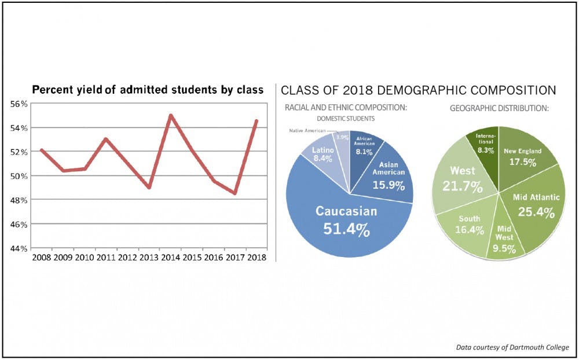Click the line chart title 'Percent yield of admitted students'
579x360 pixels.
[x=148, y=90]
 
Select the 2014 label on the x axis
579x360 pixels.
[x=170, y=258]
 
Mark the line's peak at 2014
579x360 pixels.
[x=170, y=115]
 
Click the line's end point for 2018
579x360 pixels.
[x=256, y=121]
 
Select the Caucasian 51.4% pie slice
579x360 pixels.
[x=346, y=220]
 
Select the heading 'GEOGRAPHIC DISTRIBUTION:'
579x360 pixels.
[x=499, y=108]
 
